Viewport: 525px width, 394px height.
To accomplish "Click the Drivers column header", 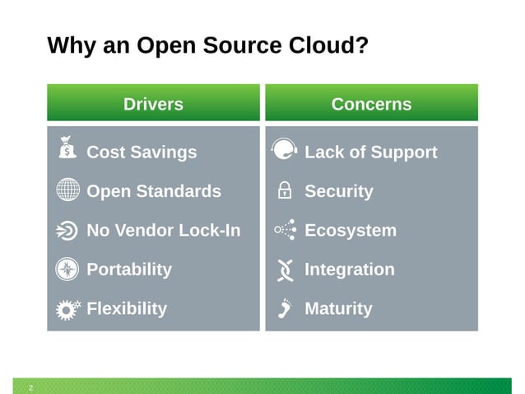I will pyautogui.click(x=153, y=104).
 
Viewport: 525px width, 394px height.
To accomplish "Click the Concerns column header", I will pyautogui.click(x=371, y=104).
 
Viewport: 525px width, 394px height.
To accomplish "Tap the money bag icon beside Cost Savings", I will pyautogui.click(x=68, y=149).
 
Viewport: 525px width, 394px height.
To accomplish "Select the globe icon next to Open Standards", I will pyautogui.click(x=68, y=190).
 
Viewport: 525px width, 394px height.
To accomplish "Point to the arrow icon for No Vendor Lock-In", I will pyautogui.click(x=68, y=230).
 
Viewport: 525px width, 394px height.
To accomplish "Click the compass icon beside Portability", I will pyautogui.click(x=68, y=269).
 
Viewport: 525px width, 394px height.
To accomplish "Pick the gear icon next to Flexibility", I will pyautogui.click(x=68, y=308).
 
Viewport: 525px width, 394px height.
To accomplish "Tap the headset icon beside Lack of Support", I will pyautogui.click(x=284, y=150).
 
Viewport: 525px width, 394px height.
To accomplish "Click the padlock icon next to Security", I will pyautogui.click(x=285, y=190).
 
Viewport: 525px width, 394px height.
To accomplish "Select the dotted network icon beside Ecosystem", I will pyautogui.click(x=285, y=230).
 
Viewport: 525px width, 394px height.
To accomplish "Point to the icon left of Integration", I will pyautogui.click(x=285, y=269).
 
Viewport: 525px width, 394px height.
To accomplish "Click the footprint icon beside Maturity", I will pyautogui.click(x=285, y=307).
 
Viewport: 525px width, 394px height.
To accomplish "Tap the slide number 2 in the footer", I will pyautogui.click(x=31, y=387).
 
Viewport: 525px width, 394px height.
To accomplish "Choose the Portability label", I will pyautogui.click(x=129, y=270).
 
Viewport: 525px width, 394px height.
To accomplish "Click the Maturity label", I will pyautogui.click(x=338, y=309).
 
